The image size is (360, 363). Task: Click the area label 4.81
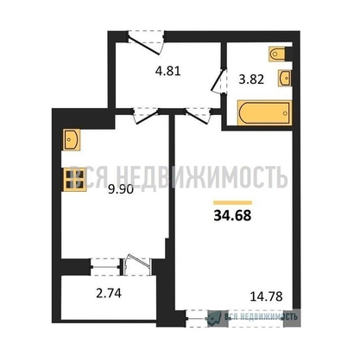coord(167,71)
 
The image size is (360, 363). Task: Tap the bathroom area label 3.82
coord(251,80)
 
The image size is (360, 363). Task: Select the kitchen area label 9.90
coord(121,189)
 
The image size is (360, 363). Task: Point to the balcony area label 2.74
coord(109,293)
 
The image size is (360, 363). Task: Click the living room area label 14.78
coord(267,296)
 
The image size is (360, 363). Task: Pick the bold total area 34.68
coord(232,215)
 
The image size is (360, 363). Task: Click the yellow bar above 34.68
coord(232,202)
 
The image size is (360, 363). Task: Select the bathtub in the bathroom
coord(265,112)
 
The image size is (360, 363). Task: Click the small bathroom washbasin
coord(285,78)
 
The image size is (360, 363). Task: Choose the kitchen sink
coord(71,139)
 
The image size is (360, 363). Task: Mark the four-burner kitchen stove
coord(74,179)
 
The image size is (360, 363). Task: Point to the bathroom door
coord(218,80)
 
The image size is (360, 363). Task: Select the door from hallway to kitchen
coord(147,116)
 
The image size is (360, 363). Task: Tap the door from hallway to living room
coord(198,116)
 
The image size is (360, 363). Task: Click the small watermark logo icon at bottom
coord(214,317)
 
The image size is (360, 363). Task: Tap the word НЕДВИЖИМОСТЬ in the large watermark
coord(201,176)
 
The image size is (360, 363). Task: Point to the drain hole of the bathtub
coord(285,113)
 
